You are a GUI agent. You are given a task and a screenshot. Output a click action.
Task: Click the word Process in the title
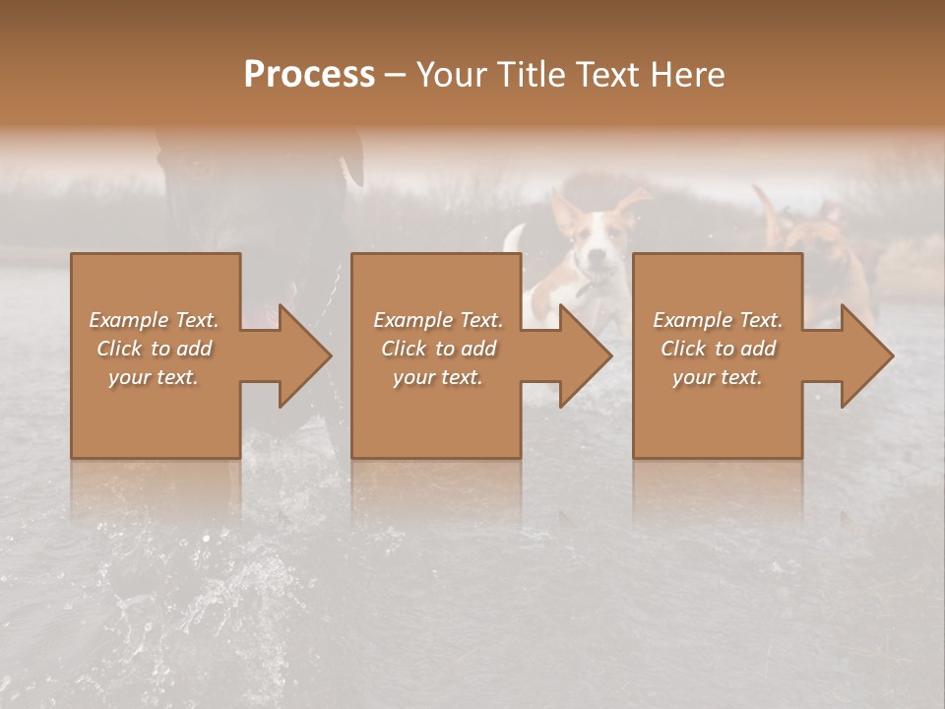309,75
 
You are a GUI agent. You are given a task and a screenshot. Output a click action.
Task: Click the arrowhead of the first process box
305,355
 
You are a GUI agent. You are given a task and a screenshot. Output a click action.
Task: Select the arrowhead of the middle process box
586,355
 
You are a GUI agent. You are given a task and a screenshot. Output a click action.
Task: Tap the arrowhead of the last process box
867,355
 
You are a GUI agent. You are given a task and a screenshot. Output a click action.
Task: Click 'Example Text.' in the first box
154,320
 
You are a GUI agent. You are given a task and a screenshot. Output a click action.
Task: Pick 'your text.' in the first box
154,377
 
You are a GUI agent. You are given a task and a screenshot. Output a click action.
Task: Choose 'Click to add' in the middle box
438,349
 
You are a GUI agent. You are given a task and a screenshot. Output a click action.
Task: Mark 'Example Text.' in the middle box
438,320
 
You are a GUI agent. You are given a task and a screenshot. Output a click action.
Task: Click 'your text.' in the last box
718,377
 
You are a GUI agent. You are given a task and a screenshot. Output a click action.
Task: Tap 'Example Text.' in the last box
718,320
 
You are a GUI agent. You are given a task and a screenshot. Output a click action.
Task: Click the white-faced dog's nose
594,264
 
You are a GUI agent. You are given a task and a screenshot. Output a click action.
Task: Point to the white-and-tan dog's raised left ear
565,212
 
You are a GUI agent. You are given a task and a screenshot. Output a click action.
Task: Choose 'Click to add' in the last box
718,349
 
